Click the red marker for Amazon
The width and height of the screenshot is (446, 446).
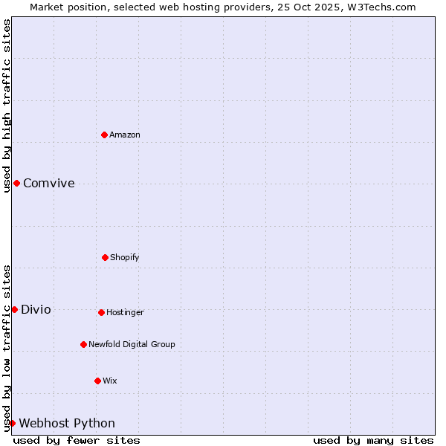(x=105, y=135)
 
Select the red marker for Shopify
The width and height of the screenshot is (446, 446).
(x=105, y=257)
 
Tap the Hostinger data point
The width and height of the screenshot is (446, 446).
(x=101, y=312)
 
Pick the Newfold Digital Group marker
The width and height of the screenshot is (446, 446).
(x=83, y=344)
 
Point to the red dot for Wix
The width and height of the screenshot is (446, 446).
(x=97, y=381)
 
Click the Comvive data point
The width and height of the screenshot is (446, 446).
(x=16, y=183)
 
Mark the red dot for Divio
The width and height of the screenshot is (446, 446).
(x=14, y=309)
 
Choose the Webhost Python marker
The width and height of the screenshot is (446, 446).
(x=12, y=423)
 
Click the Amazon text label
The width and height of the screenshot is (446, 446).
(x=125, y=135)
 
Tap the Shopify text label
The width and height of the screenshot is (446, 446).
(x=125, y=257)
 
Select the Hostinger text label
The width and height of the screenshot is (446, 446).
(x=125, y=312)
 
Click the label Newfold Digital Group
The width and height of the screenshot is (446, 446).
(x=132, y=344)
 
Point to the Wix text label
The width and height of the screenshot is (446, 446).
(x=110, y=381)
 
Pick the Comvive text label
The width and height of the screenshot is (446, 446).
(x=49, y=184)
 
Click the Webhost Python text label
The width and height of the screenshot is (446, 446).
(x=67, y=424)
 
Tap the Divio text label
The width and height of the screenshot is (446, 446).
(x=36, y=310)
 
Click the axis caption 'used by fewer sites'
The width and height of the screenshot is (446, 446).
(x=77, y=440)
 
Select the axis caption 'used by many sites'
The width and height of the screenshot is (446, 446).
(x=373, y=440)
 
